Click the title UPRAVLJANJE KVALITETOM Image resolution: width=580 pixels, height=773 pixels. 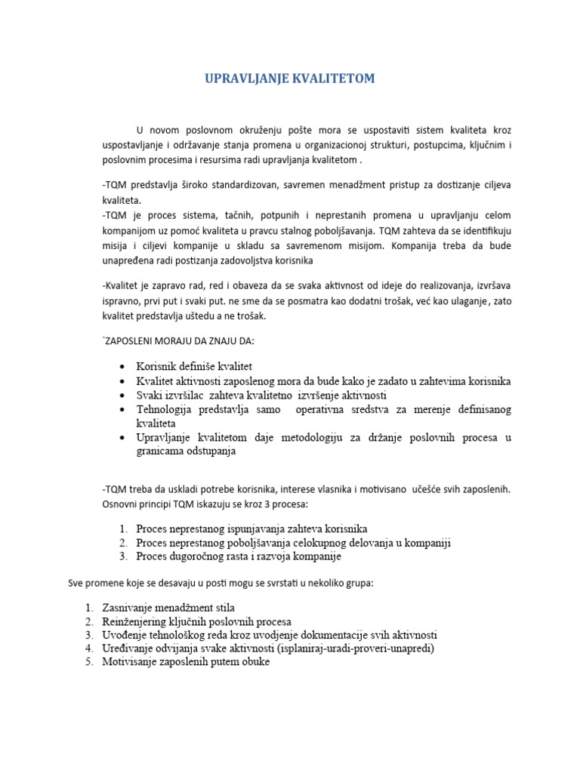tap(290, 79)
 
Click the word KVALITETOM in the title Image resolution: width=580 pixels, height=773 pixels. tap(332, 79)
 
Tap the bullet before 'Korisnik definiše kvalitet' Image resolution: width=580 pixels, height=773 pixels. tap(121, 366)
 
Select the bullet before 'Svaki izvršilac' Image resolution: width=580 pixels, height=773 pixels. tap(121, 395)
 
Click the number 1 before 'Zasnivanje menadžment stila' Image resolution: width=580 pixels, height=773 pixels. tap(88, 607)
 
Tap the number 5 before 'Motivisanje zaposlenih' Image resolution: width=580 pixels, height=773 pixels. tap(88, 662)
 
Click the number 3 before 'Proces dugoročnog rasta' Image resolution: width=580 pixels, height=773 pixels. tap(122, 556)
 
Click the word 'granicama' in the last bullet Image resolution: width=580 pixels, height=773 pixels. tap(160, 451)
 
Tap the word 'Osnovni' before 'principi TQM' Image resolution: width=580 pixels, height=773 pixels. tap(120, 504)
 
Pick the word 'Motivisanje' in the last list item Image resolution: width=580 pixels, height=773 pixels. tap(131, 662)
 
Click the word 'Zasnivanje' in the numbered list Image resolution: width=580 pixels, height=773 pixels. tap(129, 607)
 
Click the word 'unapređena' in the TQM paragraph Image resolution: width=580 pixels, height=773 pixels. tap(129, 260)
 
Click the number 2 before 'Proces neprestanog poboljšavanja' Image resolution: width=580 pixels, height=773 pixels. tap(122, 543)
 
